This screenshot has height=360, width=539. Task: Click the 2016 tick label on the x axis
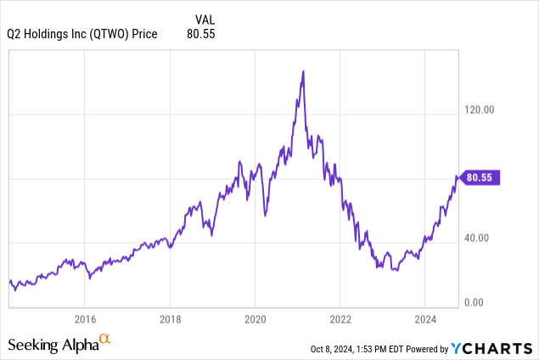tap(84, 319)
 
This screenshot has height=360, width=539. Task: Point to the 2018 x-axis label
tap(170, 319)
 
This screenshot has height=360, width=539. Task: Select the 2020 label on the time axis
tap(255, 319)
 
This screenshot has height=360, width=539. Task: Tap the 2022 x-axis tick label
tap(340, 319)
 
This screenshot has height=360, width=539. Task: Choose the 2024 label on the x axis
tap(425, 319)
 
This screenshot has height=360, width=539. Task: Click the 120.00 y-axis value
tap(480, 110)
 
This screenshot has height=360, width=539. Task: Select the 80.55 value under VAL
tap(200, 33)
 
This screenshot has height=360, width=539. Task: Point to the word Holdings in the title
tap(47, 33)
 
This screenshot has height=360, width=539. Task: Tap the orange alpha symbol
tap(105, 340)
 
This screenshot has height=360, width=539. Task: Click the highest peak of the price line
tap(303, 71)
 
